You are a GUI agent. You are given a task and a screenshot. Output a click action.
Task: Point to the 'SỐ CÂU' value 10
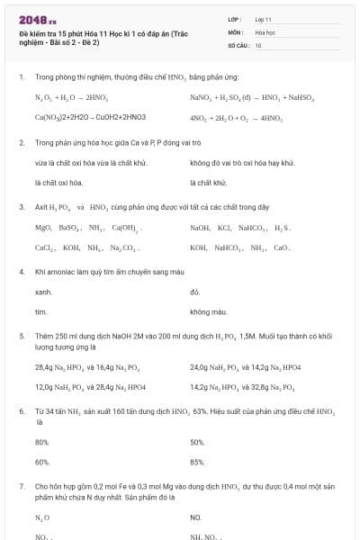258,45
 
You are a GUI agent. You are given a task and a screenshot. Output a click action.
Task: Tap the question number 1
21,78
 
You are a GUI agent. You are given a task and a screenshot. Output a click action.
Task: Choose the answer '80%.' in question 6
41,442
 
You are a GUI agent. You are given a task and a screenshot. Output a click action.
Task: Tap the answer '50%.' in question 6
198,442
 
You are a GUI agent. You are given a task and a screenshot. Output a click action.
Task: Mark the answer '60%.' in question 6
41,462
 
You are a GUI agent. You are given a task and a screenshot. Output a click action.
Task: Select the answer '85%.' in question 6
198,462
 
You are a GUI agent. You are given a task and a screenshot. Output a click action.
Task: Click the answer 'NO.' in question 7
196,517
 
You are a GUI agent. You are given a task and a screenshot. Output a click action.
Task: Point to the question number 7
21,485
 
